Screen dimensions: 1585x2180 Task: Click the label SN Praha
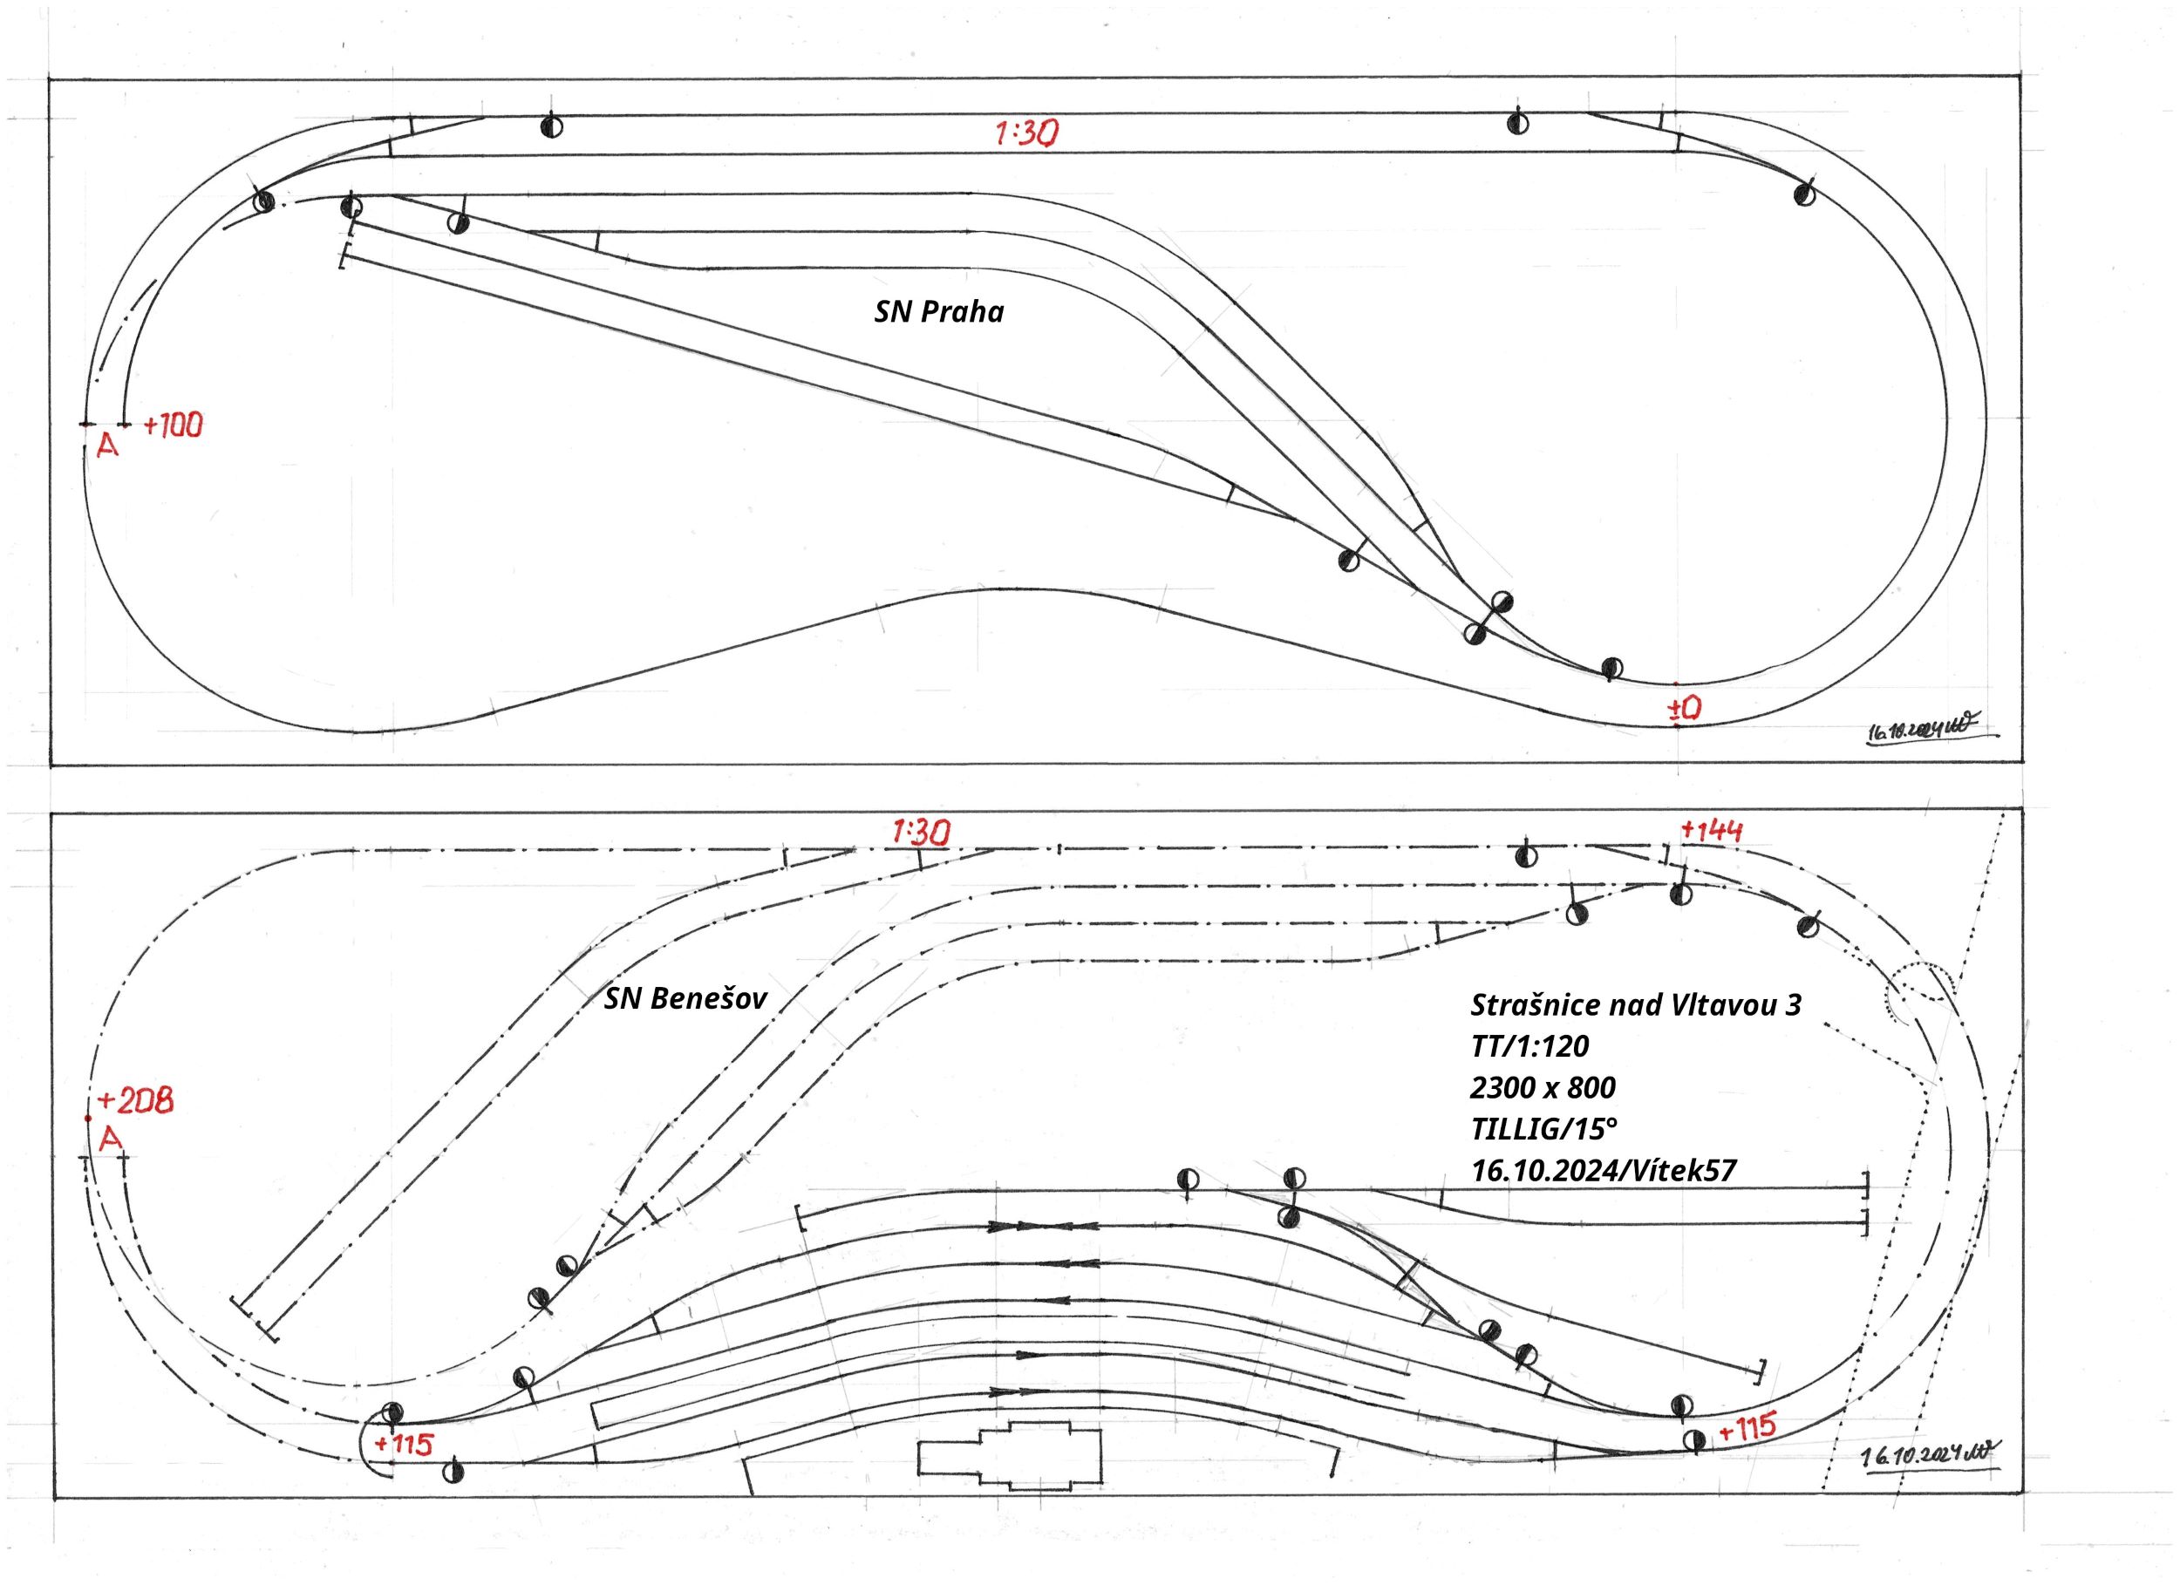[938, 312]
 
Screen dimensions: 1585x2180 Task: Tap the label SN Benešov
[685, 998]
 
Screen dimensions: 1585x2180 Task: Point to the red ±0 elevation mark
[1684, 709]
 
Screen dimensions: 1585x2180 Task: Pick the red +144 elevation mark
[1711, 831]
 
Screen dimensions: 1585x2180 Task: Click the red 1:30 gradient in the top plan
[1025, 133]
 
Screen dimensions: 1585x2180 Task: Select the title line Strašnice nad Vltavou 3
[1635, 1005]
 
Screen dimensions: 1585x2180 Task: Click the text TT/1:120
[1529, 1046]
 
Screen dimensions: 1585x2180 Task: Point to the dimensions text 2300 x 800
[1542, 1087]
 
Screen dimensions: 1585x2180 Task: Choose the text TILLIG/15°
[1536, 1128]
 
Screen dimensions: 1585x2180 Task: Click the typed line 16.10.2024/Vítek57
[1604, 1170]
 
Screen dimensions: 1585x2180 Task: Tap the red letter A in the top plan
[107, 446]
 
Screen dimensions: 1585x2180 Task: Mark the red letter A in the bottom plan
[112, 1140]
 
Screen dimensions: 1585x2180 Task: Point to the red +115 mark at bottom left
[404, 1445]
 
